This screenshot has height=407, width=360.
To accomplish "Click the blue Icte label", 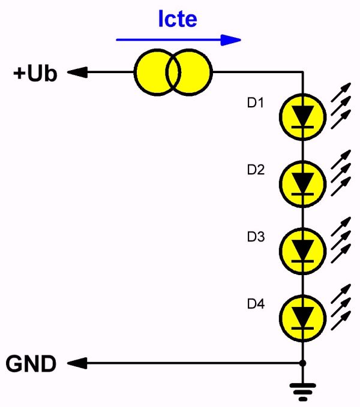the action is tap(178, 19).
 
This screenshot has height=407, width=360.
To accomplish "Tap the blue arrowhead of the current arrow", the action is tap(230, 40).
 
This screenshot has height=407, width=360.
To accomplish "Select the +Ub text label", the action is tap(35, 73).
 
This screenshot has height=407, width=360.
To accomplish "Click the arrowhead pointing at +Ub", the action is tap(77, 72).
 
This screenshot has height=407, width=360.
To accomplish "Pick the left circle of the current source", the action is tap(157, 72).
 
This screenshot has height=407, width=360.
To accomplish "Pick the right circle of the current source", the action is tap(190, 72).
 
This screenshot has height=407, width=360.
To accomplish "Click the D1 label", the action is tap(256, 102).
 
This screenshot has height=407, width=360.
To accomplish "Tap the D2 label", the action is tap(256, 170).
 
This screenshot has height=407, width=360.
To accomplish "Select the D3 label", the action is tap(256, 236).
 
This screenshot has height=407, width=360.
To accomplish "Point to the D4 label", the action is tap(256, 303).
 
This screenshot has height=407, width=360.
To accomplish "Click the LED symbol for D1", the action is tap(302, 117).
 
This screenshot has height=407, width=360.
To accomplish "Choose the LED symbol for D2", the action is tap(302, 184).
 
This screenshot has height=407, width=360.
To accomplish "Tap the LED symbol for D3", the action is tap(302, 251).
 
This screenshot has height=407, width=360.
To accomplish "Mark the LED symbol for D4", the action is tap(302, 318).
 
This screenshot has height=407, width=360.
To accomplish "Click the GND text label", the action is tap(31, 364).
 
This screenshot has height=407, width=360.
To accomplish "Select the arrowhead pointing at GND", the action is tap(77, 363).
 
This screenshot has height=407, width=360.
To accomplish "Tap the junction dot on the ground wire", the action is tap(302, 363).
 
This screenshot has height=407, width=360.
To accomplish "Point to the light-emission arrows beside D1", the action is tap(341, 106).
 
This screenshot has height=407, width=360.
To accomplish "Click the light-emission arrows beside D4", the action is tap(341, 307).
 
